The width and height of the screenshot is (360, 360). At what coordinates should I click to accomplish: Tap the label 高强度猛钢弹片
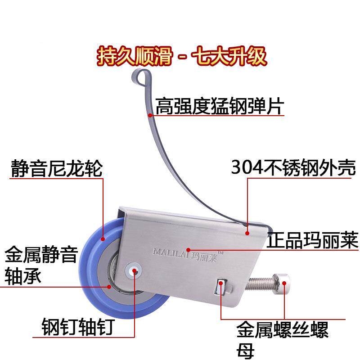pyautogui.click(x=220, y=107)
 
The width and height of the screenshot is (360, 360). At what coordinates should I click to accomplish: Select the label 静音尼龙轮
pyautogui.click(x=57, y=170)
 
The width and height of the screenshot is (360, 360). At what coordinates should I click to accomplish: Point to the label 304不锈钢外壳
pyautogui.click(x=293, y=168)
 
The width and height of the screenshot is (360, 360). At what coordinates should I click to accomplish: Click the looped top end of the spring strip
pyautogui.click(x=140, y=77)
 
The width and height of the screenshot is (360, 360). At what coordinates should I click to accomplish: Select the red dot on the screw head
pyautogui.click(x=284, y=283)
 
